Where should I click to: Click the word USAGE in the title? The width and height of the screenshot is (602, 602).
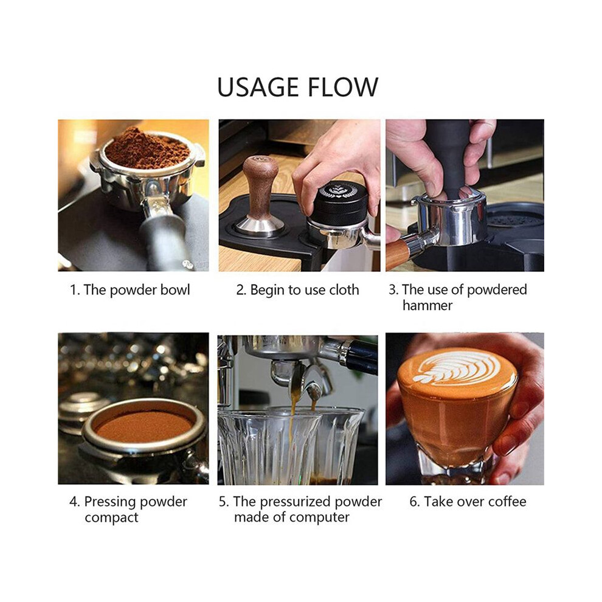258,87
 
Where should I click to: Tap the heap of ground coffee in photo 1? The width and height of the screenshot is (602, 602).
147,148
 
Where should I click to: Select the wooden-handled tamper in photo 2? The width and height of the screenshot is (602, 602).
260,194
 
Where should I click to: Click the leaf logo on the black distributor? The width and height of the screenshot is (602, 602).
338,190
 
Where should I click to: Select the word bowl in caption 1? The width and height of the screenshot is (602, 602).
175,290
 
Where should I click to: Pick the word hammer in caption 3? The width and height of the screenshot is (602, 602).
427,306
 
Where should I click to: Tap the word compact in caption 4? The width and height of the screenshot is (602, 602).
111,517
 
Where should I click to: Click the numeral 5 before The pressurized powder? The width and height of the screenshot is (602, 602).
223,502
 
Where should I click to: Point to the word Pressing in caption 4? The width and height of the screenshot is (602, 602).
109,502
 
